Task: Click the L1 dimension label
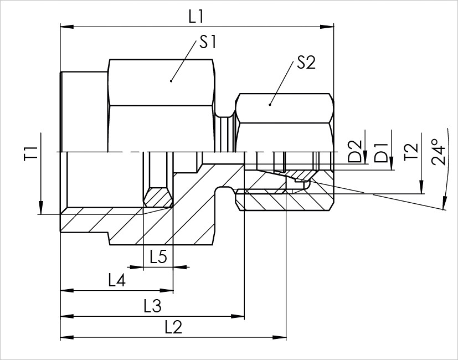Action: point(196,16)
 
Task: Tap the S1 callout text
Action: point(208,43)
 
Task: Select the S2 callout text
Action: point(306,63)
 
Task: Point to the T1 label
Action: point(30,153)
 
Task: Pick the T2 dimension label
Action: point(410,152)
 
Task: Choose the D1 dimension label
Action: point(381,153)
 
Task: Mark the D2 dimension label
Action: point(355,153)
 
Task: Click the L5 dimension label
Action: point(158,257)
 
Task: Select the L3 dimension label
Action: point(152,305)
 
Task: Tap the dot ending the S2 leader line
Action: point(270,104)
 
